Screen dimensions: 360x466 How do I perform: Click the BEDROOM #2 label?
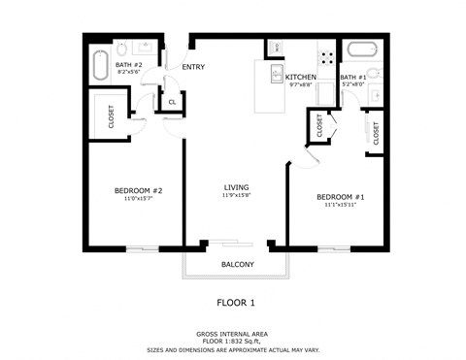tap(138, 190)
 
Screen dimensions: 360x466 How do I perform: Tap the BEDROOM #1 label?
tap(340, 197)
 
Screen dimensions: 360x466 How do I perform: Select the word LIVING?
tap(236, 187)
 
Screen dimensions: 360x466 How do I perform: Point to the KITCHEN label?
tap(301, 76)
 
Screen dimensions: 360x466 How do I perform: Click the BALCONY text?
tap(238, 265)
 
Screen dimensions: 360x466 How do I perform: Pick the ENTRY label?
tap(193, 67)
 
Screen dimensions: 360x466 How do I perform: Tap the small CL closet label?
tap(172, 101)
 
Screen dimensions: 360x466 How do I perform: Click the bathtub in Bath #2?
tap(99, 66)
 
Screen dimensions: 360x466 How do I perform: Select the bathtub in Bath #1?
tap(362, 50)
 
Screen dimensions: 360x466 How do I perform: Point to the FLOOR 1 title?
tap(235, 303)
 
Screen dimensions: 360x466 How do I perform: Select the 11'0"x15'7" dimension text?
tap(138, 199)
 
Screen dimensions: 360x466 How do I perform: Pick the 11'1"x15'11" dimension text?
tap(340, 205)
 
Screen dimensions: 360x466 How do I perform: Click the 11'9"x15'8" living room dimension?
tap(236, 196)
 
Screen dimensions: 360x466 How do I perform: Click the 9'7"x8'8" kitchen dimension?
tap(301, 84)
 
